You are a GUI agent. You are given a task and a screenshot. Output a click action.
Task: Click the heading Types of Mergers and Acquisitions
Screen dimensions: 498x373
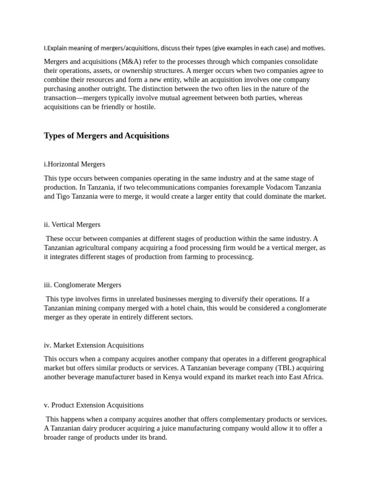tap(106, 136)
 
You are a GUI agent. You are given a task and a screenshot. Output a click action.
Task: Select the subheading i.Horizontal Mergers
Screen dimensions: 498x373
tap(74, 164)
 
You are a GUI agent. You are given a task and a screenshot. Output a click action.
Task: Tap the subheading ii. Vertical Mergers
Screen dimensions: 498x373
tap(72, 225)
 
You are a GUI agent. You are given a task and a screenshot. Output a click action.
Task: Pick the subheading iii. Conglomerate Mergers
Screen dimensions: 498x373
tap(83, 285)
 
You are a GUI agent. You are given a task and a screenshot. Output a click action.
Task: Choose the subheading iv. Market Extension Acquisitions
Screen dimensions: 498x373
tap(94, 345)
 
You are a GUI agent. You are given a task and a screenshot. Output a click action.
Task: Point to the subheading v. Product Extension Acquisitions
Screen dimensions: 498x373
tap(94, 405)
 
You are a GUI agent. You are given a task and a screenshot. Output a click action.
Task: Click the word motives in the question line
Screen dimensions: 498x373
tap(313, 48)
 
